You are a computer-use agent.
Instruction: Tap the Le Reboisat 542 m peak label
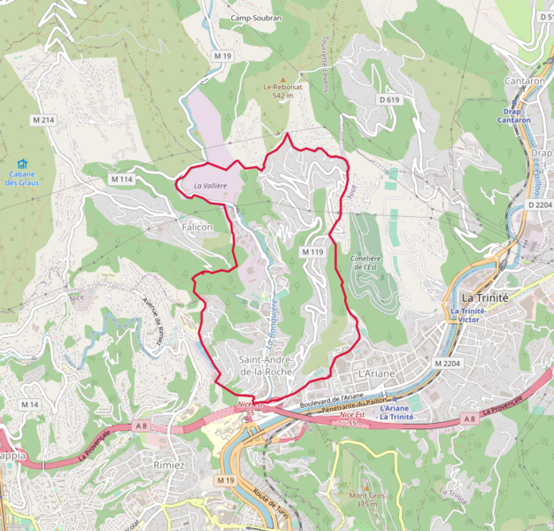(281, 91)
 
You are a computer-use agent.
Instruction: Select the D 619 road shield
(389, 100)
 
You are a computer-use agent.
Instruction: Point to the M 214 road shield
(43, 119)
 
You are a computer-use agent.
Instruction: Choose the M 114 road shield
(121, 180)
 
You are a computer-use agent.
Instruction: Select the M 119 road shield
(312, 252)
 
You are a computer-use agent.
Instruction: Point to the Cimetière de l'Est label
(365, 262)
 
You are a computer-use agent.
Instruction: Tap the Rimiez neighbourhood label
(168, 466)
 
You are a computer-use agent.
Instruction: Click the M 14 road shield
(30, 404)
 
